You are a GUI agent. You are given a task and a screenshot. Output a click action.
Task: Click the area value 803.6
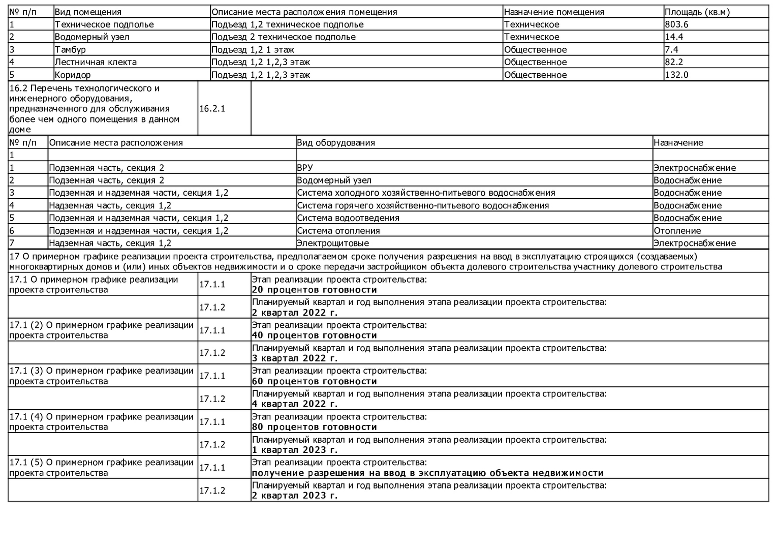point(676,24)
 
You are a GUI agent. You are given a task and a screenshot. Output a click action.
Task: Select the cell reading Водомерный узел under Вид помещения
point(92,37)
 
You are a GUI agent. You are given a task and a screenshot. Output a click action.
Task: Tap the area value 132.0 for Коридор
point(676,75)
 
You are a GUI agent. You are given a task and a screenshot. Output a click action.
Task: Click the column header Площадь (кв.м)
point(697,12)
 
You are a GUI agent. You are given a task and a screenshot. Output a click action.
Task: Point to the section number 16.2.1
point(212,108)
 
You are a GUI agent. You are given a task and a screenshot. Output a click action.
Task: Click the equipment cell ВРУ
point(305,168)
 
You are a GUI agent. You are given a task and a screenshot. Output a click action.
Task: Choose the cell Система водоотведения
point(348,218)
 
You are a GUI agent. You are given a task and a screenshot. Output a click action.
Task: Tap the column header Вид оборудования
point(336,142)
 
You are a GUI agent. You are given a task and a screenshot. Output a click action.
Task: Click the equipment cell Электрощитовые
point(333,243)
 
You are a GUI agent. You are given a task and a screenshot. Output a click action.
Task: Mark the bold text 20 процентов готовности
point(314,290)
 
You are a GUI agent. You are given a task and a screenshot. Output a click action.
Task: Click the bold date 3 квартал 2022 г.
point(295,358)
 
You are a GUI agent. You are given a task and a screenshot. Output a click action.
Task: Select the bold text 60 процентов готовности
point(314,381)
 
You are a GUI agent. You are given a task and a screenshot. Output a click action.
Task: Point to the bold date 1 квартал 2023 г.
point(295,450)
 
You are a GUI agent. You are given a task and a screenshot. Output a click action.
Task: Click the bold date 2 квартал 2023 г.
point(295,496)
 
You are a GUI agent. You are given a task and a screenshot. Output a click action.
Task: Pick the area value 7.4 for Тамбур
point(671,49)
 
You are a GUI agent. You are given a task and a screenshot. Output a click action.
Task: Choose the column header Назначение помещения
point(554,12)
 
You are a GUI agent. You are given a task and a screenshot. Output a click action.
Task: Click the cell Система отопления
point(338,231)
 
